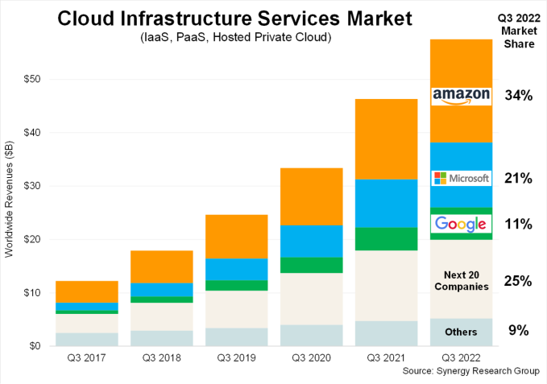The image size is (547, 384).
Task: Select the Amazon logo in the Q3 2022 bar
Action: coord(461,95)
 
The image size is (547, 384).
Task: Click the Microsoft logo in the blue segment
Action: coord(461,178)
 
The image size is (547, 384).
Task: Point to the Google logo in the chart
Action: coord(461,224)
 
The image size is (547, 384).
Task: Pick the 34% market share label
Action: coord(517,95)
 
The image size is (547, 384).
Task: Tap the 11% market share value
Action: coord(517,225)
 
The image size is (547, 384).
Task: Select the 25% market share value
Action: coord(517,281)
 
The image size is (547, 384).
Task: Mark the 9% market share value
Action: coord(517,329)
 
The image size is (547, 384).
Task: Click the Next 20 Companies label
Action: coord(461,281)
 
